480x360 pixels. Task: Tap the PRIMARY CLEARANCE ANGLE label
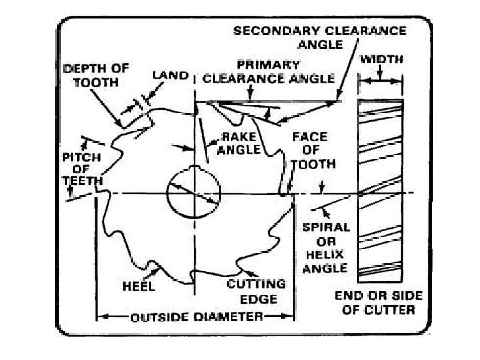268,71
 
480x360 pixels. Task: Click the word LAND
170,76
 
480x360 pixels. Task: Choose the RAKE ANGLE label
238,143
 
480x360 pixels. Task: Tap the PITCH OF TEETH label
82,169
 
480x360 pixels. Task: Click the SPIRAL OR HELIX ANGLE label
326,247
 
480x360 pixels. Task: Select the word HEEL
139,287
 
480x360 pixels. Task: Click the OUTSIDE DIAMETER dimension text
196,316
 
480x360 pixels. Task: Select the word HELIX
325,255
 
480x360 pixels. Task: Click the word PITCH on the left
82,157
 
